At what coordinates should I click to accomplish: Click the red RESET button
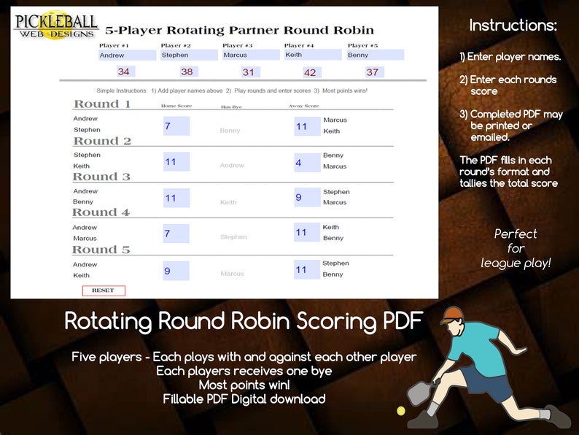tap(104, 290)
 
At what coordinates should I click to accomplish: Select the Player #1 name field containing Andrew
tap(127, 55)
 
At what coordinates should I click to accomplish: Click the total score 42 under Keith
tap(311, 72)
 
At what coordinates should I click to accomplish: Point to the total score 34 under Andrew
tap(124, 72)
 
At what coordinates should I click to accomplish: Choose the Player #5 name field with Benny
tap(375, 55)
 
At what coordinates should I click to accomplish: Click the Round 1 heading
tap(102, 104)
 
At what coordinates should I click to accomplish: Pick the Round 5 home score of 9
tap(176, 271)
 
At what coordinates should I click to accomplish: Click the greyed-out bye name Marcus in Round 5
tap(232, 274)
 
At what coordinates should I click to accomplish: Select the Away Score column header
tap(304, 106)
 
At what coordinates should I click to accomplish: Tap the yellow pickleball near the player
tap(400, 412)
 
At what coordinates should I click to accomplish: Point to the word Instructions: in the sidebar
tap(513, 26)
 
